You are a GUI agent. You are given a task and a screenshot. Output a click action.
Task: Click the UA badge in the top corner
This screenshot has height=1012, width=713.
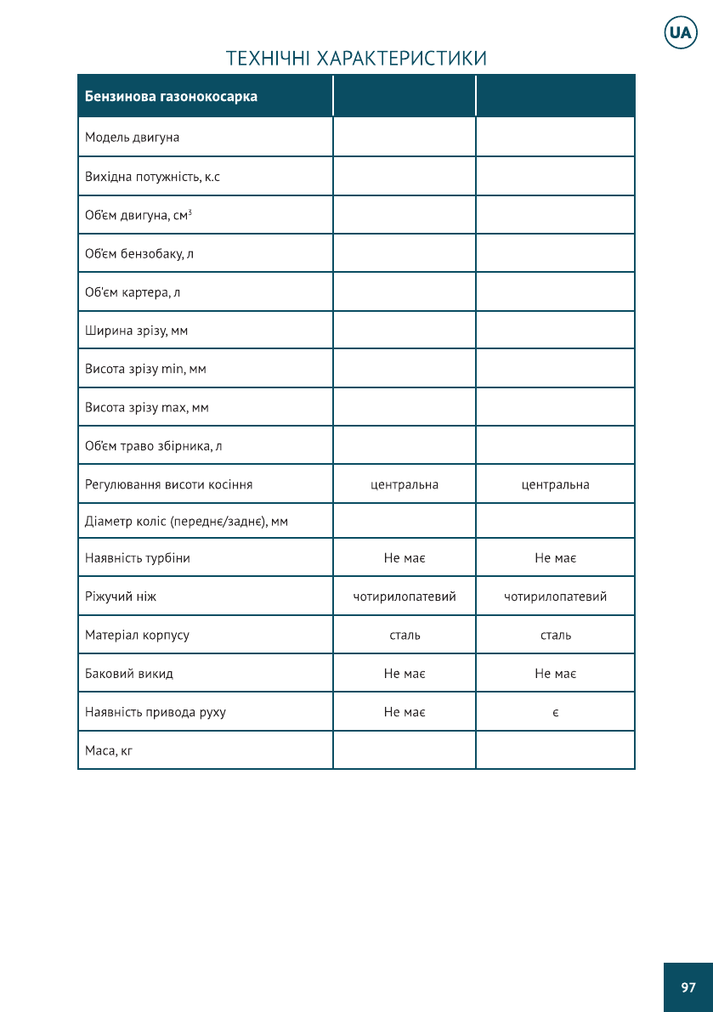[680, 33]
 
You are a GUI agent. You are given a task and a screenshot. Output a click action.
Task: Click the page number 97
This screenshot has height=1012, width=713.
[688, 987]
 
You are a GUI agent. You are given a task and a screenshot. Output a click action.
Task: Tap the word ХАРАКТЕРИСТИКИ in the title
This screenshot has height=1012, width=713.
[402, 59]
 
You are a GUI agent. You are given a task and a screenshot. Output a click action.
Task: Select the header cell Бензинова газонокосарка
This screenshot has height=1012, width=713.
[171, 96]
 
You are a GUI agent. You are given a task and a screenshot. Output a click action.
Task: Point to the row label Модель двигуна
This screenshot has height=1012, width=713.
[132, 137]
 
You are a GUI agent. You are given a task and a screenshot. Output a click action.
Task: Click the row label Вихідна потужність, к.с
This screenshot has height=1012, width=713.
[152, 177]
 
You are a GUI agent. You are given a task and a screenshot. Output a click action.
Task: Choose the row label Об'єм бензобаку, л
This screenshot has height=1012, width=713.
[139, 253]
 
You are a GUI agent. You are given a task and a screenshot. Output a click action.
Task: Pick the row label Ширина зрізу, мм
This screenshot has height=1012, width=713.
[136, 331]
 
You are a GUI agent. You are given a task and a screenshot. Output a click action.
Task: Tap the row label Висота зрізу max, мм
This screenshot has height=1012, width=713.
[146, 408]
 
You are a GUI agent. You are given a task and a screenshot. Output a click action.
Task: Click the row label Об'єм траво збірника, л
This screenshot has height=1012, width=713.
[153, 446]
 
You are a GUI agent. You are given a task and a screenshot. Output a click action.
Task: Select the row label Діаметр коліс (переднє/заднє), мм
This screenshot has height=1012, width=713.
[186, 522]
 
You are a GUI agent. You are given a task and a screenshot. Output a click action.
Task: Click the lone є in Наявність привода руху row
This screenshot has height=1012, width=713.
[555, 712]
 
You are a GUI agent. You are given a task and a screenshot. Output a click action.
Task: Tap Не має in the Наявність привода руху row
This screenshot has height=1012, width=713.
[405, 712]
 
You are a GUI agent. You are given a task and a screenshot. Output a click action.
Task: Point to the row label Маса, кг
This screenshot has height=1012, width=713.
[109, 751]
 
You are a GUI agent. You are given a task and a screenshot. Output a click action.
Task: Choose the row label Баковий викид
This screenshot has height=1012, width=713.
[128, 674]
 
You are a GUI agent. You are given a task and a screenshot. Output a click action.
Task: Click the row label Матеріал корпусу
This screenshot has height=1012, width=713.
[137, 635]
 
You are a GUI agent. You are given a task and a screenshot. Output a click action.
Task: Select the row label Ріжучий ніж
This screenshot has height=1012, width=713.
[121, 596]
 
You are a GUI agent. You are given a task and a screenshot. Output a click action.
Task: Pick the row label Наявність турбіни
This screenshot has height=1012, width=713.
[137, 558]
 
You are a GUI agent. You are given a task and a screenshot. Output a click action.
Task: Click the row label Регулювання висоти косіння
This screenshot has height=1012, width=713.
[168, 485]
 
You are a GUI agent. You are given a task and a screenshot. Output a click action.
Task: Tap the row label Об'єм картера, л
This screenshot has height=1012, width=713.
[133, 292]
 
